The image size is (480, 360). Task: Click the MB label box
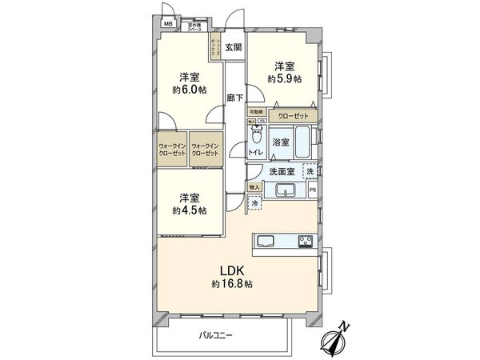169,24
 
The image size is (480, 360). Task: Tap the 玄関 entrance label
232,47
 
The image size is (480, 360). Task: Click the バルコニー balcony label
216,335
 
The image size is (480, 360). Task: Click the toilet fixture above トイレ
257,134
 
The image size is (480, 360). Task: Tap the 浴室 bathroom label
281,142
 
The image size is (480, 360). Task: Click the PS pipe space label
313,190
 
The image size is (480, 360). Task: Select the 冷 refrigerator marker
254,206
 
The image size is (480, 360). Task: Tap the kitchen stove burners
306,241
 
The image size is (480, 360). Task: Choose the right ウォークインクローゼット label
204,149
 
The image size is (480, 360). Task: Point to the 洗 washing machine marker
311,171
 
